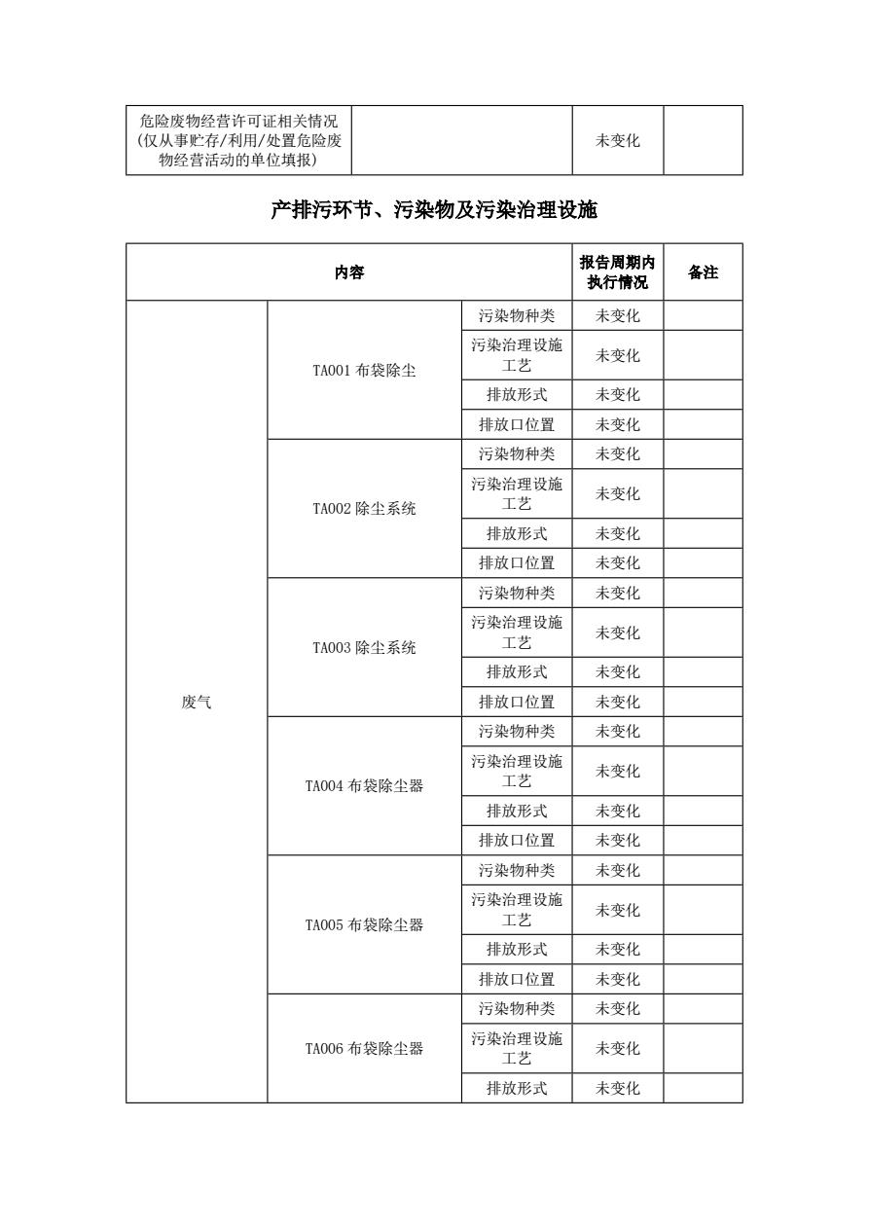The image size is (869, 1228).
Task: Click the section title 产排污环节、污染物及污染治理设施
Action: pyautogui.click(x=434, y=209)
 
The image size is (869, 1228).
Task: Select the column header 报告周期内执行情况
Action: pyautogui.click(x=617, y=272)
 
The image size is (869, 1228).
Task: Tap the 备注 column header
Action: pyautogui.click(x=703, y=272)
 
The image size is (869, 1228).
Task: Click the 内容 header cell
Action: pyautogui.click(x=349, y=272)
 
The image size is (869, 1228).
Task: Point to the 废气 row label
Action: pyautogui.click(x=197, y=702)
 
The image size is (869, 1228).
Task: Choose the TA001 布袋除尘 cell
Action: pyautogui.click(x=364, y=371)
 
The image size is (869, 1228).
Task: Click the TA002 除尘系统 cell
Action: pyautogui.click(x=364, y=509)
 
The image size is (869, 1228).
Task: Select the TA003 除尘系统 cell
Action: pyautogui.click(x=364, y=648)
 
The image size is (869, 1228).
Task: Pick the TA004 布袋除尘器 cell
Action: pyautogui.click(x=364, y=786)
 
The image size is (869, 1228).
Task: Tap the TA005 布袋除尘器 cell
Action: pyautogui.click(x=364, y=925)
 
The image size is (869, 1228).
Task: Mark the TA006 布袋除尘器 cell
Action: pyautogui.click(x=364, y=1049)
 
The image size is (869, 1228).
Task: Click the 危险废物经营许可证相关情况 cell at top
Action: pyautogui.click(x=238, y=140)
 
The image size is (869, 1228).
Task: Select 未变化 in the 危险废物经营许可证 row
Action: pyautogui.click(x=617, y=140)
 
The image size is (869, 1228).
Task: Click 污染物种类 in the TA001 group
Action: pyautogui.click(x=517, y=316)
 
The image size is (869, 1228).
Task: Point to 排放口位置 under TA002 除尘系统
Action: pyautogui.click(x=517, y=562)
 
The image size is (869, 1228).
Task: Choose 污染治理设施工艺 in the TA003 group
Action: pyautogui.click(x=517, y=632)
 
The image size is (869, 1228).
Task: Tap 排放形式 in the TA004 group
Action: pyautogui.click(x=517, y=811)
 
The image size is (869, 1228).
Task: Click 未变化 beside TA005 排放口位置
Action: pyautogui.click(x=617, y=979)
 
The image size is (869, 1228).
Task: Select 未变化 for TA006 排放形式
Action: pyautogui.click(x=617, y=1088)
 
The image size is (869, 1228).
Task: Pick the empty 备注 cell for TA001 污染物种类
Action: pyautogui.click(x=703, y=316)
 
